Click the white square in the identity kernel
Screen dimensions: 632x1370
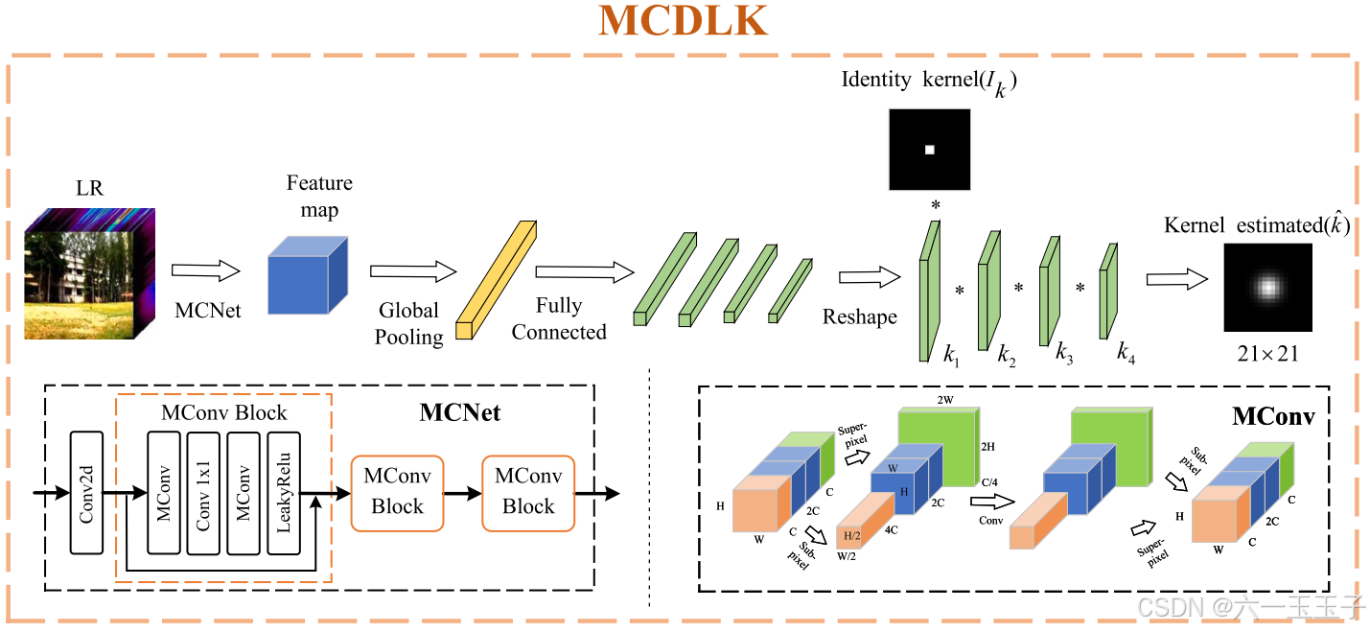(x=929, y=150)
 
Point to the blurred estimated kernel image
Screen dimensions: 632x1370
(x=1267, y=287)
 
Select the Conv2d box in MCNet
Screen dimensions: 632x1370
(x=86, y=492)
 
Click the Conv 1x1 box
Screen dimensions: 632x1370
(x=203, y=492)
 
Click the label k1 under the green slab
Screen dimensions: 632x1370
(x=950, y=356)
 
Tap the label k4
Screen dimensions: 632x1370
(x=1126, y=353)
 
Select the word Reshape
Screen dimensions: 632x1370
(x=859, y=316)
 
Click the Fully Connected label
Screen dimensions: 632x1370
(x=559, y=318)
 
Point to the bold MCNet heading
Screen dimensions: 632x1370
(x=460, y=413)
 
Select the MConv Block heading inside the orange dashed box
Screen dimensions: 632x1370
(x=223, y=413)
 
